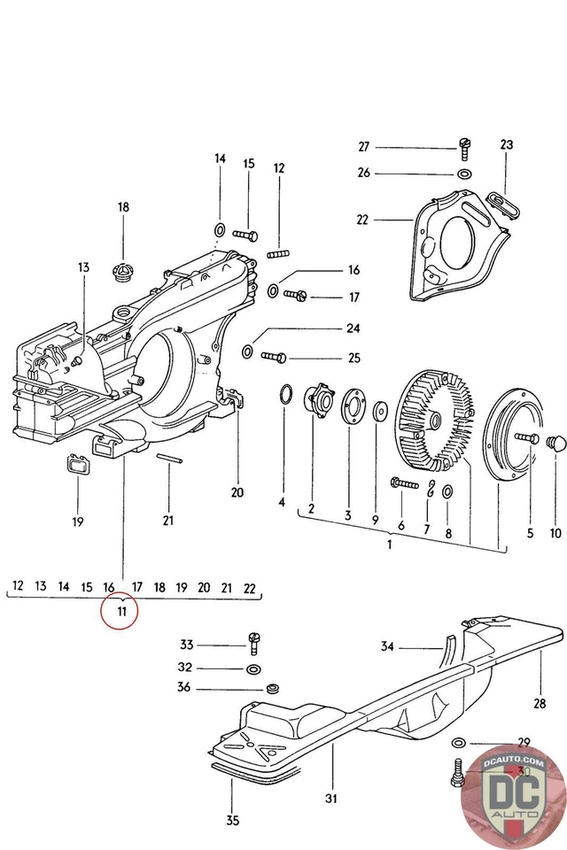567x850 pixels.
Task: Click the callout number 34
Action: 386,647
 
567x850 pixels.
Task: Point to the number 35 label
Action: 232,820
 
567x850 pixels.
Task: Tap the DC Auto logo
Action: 512,789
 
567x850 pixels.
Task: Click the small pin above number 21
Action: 169,458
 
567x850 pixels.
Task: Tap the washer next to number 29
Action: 458,741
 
